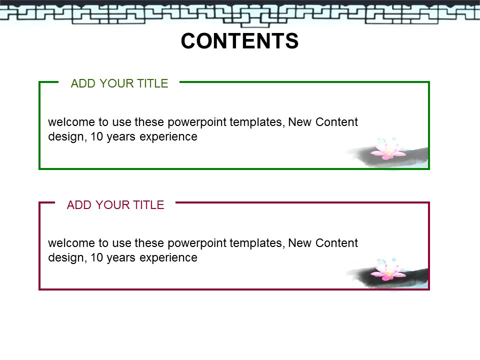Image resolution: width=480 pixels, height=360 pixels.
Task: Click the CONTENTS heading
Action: click(239, 41)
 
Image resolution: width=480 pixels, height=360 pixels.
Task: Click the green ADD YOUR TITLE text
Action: click(119, 83)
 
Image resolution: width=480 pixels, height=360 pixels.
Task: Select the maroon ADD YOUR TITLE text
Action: click(115, 205)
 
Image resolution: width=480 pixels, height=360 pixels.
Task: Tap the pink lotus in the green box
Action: click(387, 150)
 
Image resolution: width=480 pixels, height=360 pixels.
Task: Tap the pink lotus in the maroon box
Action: click(387, 271)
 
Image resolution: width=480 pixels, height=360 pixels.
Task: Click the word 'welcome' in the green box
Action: click(71, 122)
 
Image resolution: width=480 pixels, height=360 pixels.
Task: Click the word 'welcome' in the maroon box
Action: click(71, 243)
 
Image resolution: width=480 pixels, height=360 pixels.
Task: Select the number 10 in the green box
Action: click(96, 137)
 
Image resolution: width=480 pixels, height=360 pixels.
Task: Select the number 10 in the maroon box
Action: click(96, 258)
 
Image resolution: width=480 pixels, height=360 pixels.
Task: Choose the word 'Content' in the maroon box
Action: click(336, 243)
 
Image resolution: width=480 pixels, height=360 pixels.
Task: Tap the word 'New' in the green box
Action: click(300, 122)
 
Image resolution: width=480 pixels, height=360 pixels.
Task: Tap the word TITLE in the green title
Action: click(152, 83)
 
